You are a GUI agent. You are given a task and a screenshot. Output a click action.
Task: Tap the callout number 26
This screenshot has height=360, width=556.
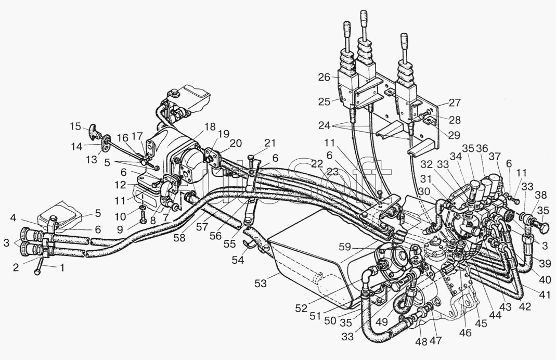click(324, 78)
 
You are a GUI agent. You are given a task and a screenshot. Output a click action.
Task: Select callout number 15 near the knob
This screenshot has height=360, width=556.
click(76, 126)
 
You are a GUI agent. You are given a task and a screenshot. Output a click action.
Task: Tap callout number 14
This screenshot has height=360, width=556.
click(76, 147)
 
